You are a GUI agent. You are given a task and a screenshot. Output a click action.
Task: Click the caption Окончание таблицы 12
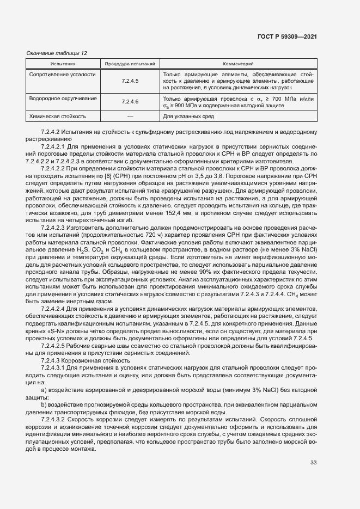[x=57, y=53]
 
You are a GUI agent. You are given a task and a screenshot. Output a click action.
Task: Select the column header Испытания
[x=63, y=64]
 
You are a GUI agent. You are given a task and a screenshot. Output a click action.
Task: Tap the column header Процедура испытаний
[x=130, y=64]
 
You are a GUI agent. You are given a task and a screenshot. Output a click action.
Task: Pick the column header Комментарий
[x=238, y=64]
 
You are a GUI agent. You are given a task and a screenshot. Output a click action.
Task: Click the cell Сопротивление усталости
[x=62, y=74]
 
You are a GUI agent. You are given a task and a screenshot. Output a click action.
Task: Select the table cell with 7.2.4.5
[x=130, y=81]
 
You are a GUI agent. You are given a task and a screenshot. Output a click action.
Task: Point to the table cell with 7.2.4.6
[x=130, y=102]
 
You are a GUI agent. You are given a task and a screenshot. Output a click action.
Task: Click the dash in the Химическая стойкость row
[x=130, y=116]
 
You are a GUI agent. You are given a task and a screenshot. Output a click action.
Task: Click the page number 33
[x=313, y=463]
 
